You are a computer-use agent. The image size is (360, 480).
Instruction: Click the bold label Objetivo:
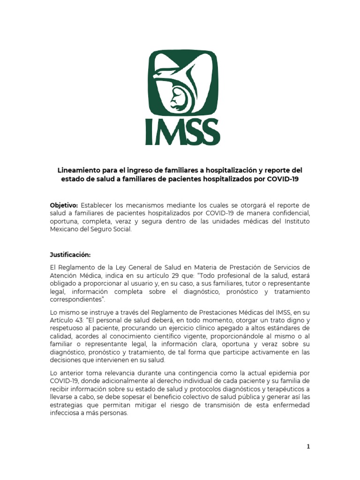[x=64, y=205]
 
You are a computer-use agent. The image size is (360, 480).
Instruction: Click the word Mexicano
[x=65, y=230]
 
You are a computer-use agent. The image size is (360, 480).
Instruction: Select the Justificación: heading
[x=70, y=255]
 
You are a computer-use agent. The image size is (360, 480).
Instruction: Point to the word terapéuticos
[x=283, y=389]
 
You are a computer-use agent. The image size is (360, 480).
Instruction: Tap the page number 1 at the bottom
[x=308, y=447]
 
